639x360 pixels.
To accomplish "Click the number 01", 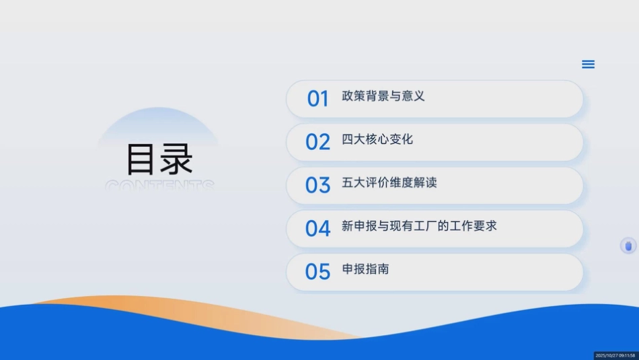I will click(317, 99).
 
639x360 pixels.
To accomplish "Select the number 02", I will click(317, 142).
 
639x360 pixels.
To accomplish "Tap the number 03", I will click(317, 185).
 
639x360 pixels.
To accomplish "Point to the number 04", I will click(317, 228).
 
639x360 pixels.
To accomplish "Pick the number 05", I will click(317, 271).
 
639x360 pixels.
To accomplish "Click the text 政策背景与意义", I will click(383, 96).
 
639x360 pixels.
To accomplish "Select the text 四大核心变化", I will click(377, 139).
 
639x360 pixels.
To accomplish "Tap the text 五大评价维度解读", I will click(389, 182).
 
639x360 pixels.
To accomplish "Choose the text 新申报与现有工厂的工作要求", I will click(419, 226).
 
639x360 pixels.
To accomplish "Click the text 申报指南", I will click(365, 269).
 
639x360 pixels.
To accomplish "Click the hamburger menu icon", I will click(588, 65).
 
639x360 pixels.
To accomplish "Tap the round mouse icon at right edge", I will click(628, 246).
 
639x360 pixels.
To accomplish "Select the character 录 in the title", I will click(176, 159).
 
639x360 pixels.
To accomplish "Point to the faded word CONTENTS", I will click(159, 184).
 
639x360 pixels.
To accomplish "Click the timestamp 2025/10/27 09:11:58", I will click(615, 355).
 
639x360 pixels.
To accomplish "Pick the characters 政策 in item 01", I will click(353, 96).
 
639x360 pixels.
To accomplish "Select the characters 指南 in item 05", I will click(377, 269).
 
